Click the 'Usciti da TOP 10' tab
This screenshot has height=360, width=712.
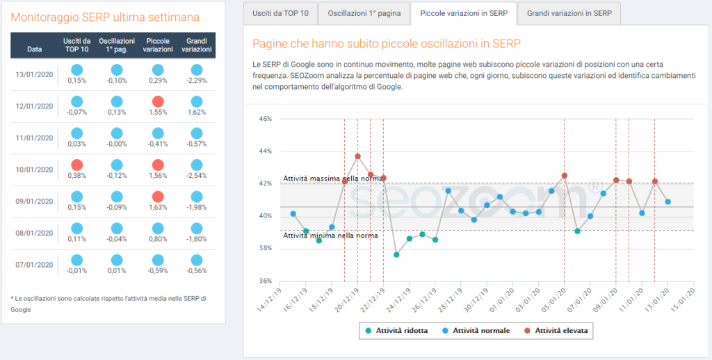coord(280,13)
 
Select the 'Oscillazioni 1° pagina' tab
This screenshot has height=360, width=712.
coord(364,13)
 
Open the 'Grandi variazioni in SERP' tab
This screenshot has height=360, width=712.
coord(569,13)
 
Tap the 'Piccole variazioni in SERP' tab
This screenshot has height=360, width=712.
coord(464,13)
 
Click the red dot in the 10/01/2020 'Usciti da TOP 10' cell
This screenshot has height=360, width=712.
coord(77,165)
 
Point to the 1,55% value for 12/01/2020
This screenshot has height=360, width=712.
coord(158,112)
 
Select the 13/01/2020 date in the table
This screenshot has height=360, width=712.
coord(35,74)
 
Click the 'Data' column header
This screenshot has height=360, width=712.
coord(35,49)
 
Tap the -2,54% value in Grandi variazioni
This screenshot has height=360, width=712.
coord(197,176)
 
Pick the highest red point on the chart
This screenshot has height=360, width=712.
coord(357,156)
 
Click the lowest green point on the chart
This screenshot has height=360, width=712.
coord(396,254)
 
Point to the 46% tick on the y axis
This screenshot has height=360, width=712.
coord(265,119)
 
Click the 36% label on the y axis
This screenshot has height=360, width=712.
coord(265,281)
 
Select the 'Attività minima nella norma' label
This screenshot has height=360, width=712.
coord(330,236)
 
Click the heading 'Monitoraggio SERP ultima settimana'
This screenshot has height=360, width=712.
coord(105,17)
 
